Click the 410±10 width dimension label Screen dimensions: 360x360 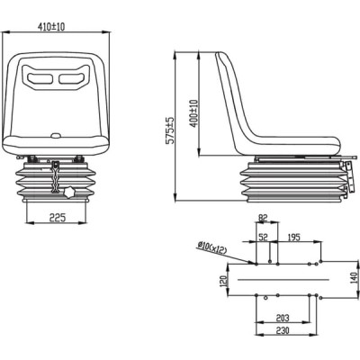51,27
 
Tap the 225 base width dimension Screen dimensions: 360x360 57,217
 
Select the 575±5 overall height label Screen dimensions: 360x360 170,130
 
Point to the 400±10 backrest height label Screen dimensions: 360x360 194,113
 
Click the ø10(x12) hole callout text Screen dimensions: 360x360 212,248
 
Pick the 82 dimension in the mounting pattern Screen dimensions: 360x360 263,218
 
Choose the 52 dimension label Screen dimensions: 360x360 263,238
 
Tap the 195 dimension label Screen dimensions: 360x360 293,238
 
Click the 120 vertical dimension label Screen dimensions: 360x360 224,281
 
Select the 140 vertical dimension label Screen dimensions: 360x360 354,278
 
